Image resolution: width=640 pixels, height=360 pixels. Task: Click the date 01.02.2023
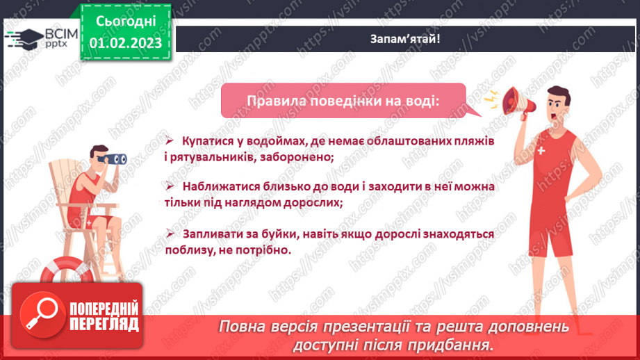point(125,43)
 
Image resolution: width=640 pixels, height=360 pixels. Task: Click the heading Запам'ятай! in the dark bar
point(405,39)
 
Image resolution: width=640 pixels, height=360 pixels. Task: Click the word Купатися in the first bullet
point(208,141)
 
